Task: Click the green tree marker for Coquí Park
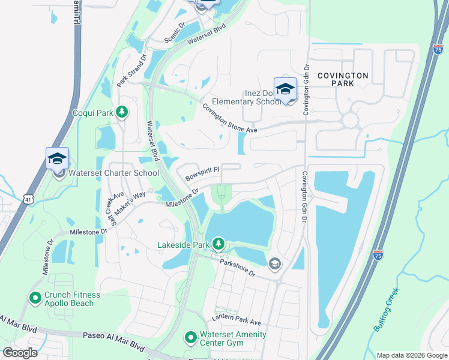point(122,112)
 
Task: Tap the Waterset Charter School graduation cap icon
point(57,158)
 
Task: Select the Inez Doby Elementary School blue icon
point(285,89)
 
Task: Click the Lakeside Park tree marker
point(220,244)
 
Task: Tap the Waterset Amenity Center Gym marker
point(191,338)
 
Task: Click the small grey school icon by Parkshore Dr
point(274,263)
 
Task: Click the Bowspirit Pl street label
point(202,174)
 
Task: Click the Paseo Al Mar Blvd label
point(114,342)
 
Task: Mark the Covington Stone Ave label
point(229,118)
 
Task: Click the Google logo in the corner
point(20,352)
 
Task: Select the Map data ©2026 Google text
point(411,355)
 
